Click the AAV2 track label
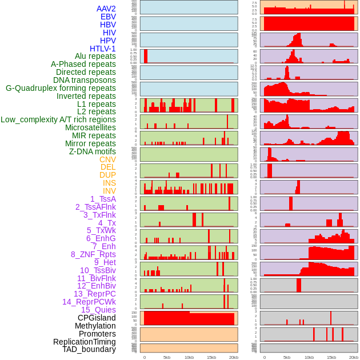tap(106, 9)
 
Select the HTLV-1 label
tap(102, 49)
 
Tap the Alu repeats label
tap(95, 57)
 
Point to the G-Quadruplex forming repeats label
tap(61, 88)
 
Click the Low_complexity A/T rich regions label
tap(58, 119)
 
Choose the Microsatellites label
tap(90, 127)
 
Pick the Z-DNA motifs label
tap(92, 151)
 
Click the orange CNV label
tap(107, 159)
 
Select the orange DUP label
tap(107, 175)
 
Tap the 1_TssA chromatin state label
tap(103, 199)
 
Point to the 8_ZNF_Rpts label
tap(93, 254)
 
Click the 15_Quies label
tap(98, 310)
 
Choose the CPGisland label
tap(97, 318)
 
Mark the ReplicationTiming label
tap(84, 342)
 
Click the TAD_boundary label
tap(89, 349)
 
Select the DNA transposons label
tap(85, 80)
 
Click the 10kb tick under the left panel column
tap(189, 357)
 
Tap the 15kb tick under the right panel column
tap(331, 357)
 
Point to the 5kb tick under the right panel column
tap(286, 357)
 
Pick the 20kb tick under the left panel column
tap(233, 357)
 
